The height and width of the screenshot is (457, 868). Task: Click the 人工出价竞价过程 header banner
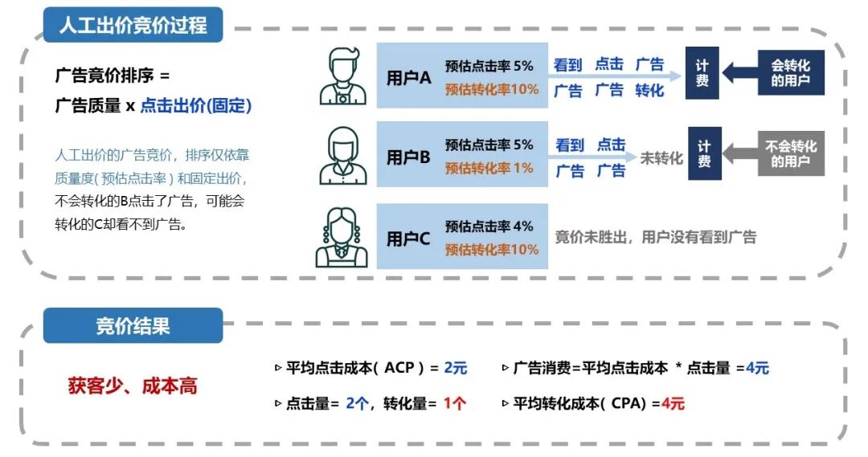click(x=133, y=25)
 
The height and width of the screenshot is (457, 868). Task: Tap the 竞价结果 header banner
click(x=133, y=326)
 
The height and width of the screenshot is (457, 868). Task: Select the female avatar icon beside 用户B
click(x=342, y=156)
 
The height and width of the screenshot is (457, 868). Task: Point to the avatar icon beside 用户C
click(x=342, y=237)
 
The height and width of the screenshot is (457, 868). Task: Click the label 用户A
click(x=409, y=77)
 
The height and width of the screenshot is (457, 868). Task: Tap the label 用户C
click(x=409, y=239)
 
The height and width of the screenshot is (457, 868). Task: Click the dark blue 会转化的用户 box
click(x=791, y=73)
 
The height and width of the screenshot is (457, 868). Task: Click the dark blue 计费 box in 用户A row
click(x=702, y=73)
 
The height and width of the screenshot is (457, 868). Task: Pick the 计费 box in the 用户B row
click(x=704, y=153)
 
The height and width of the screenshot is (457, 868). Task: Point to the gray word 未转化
click(x=661, y=158)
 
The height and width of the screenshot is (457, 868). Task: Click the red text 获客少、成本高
click(x=133, y=386)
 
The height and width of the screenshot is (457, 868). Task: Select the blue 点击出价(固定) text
click(x=196, y=105)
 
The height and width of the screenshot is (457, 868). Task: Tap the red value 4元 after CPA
click(x=673, y=403)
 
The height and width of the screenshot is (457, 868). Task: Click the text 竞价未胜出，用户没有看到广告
click(x=656, y=237)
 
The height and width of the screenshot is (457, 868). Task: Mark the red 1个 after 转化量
click(x=454, y=403)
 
